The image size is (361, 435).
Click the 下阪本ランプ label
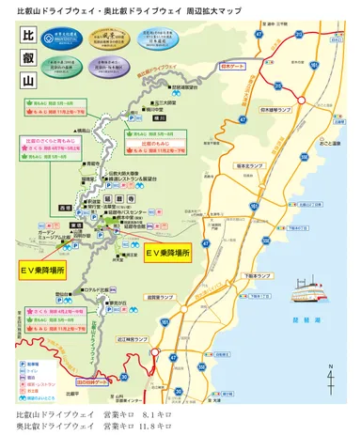tap(252, 277)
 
